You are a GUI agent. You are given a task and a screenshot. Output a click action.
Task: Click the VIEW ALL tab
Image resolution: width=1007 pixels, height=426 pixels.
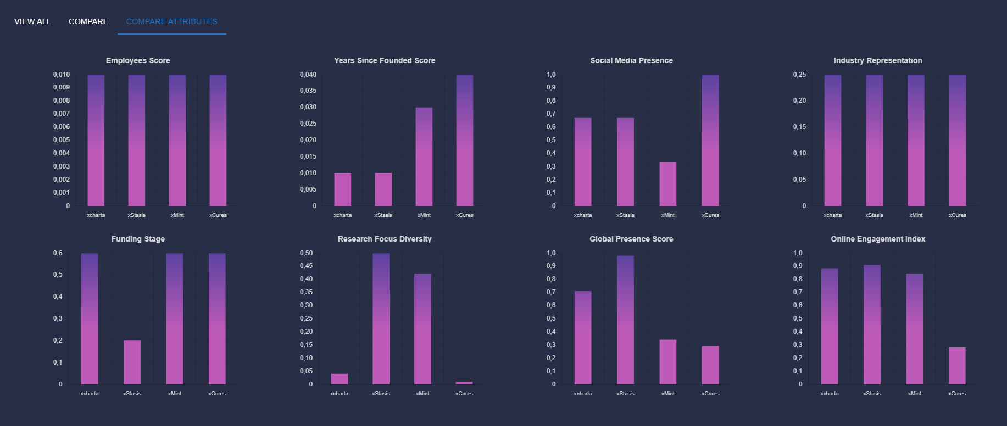coord(32,21)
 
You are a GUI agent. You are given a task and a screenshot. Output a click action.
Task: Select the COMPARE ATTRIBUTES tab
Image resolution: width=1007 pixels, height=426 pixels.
coord(171,21)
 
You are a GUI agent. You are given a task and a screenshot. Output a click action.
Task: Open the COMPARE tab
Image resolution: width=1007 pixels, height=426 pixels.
coord(88,21)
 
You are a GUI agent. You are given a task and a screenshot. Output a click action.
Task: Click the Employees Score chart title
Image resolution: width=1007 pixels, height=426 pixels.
coord(138,60)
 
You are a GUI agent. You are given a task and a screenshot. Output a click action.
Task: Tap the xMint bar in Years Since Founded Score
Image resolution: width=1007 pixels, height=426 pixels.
coord(424,156)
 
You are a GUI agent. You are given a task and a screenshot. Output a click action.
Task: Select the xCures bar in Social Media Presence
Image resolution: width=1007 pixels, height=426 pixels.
coord(710,140)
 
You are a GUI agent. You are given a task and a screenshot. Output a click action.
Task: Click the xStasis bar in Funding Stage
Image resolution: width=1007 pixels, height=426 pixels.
coord(132,362)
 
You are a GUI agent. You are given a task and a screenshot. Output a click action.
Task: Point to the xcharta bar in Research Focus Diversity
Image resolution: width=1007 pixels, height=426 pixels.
coord(340,379)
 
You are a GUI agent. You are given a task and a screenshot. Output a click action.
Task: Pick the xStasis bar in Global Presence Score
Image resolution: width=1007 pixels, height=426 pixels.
coord(625,319)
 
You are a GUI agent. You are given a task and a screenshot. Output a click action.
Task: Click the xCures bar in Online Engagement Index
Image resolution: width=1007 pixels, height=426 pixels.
coord(956,366)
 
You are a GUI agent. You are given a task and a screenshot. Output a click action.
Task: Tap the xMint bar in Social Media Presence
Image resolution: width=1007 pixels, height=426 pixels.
coord(667,184)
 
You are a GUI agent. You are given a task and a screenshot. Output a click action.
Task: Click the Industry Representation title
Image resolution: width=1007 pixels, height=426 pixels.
coord(877,60)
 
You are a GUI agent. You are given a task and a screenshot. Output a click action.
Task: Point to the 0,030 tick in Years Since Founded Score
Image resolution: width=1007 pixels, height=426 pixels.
coord(308,107)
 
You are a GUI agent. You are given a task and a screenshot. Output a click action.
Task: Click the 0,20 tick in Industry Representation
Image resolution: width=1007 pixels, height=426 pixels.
coord(799,100)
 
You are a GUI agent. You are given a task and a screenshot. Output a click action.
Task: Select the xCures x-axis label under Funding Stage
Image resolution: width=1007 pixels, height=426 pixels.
coord(217,394)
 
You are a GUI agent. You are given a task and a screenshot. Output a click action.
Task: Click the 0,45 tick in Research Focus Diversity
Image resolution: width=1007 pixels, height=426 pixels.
coord(306,266)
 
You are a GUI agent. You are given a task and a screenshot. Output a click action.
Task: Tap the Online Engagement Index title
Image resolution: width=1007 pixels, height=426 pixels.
coord(877,239)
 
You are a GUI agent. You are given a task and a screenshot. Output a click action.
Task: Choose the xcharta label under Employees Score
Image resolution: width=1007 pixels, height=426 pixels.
coord(96,215)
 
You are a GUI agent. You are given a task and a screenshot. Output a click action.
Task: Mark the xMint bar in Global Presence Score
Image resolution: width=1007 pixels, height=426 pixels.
coord(667,362)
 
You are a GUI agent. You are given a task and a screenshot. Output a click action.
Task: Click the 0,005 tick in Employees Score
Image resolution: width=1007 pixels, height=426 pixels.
coord(62,140)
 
